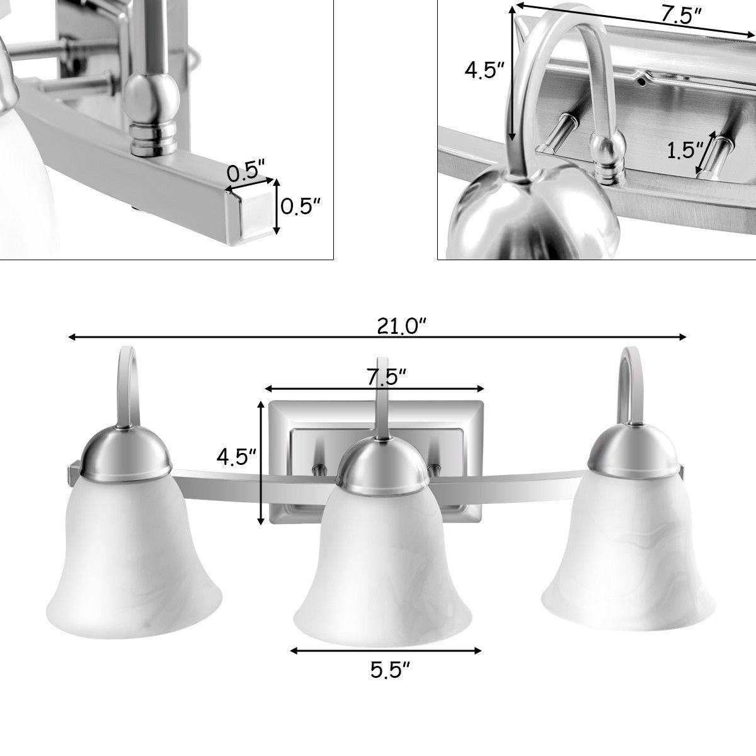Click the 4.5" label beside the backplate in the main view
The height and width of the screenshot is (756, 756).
point(236,456)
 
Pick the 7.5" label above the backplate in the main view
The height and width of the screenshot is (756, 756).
point(386,377)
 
